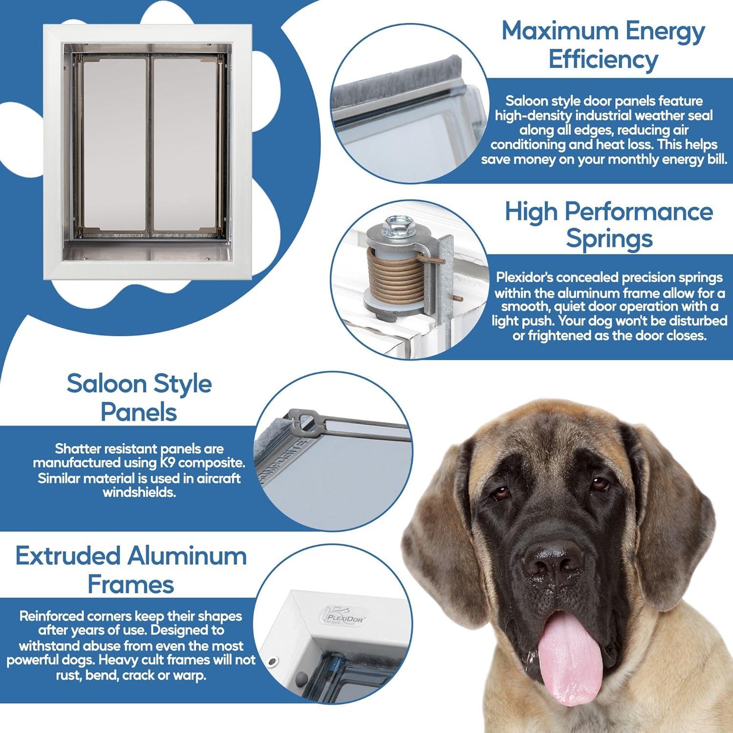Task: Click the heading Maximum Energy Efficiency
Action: coord(603,45)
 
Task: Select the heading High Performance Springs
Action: coord(608,225)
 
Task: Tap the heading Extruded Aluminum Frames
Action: coord(131,570)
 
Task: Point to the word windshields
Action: coord(139,492)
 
